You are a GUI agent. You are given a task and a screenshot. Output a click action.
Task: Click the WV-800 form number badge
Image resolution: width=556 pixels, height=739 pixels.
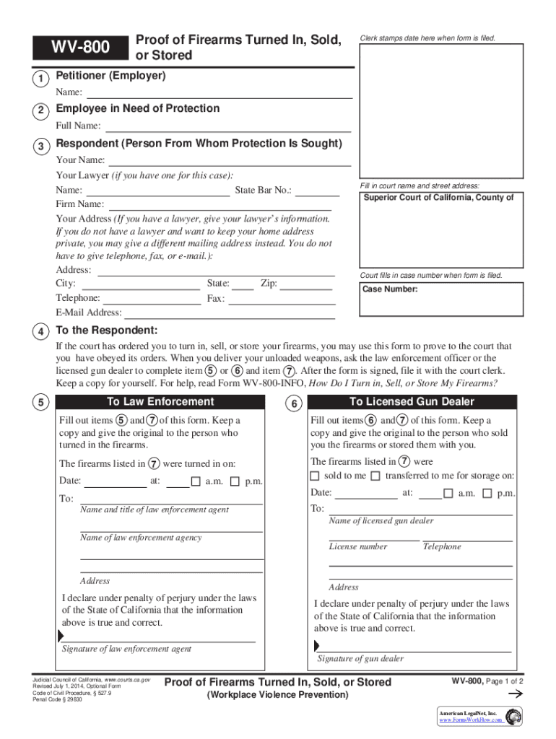(x=80, y=48)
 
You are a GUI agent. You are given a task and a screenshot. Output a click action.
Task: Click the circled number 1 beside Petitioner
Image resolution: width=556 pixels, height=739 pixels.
(x=43, y=78)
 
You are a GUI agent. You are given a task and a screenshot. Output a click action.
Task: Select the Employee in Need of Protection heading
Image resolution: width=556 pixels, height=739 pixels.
(x=138, y=108)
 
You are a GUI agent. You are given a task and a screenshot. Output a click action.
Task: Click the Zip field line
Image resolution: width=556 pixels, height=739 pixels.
(x=306, y=287)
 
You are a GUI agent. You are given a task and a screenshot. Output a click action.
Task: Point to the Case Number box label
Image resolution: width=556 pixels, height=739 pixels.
(x=390, y=289)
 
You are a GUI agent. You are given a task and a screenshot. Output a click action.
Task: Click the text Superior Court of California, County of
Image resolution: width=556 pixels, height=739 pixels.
(x=438, y=198)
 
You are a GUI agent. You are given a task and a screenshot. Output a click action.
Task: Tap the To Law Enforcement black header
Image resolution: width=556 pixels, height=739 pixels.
(x=160, y=402)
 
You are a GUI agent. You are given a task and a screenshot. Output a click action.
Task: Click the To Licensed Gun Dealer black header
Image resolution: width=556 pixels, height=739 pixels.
(x=412, y=402)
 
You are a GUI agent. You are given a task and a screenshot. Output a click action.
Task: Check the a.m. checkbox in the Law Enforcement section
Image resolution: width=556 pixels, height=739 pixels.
(x=196, y=481)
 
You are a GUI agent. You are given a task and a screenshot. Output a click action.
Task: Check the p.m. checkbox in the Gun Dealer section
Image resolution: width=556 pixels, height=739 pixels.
(x=487, y=493)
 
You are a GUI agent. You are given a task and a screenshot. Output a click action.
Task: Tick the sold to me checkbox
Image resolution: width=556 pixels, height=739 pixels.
(x=314, y=476)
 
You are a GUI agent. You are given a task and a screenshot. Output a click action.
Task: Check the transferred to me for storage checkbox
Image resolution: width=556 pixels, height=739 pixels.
(x=375, y=476)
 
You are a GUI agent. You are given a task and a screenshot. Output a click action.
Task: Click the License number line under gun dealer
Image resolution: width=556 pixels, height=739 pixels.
(x=374, y=538)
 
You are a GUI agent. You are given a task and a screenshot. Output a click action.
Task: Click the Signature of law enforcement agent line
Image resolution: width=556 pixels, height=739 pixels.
(x=159, y=640)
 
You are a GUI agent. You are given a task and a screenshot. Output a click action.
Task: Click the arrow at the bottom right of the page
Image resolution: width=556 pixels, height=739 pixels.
(x=515, y=694)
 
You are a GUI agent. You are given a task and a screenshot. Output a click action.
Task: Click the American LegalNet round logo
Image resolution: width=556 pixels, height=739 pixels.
(x=514, y=717)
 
